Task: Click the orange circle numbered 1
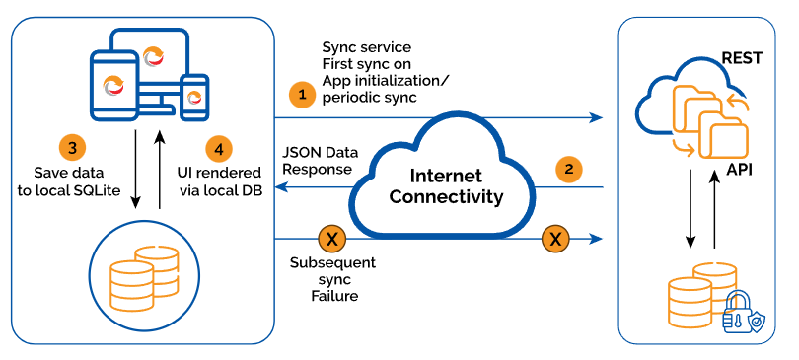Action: tap(303, 95)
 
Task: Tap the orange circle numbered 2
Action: tap(569, 169)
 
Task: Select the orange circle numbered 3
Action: tap(72, 148)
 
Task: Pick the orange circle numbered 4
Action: tap(219, 149)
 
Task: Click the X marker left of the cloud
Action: tap(331, 239)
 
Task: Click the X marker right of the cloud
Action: tap(556, 238)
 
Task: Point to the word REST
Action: tap(742, 58)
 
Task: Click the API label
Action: tap(738, 169)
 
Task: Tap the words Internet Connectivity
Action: tap(447, 185)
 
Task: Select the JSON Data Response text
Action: tap(321, 161)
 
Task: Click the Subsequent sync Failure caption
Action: tap(332, 279)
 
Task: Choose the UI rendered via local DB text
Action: tap(219, 181)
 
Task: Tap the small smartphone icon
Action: tap(195, 97)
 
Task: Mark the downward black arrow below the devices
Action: tap(135, 170)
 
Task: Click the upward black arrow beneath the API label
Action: tap(715, 209)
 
